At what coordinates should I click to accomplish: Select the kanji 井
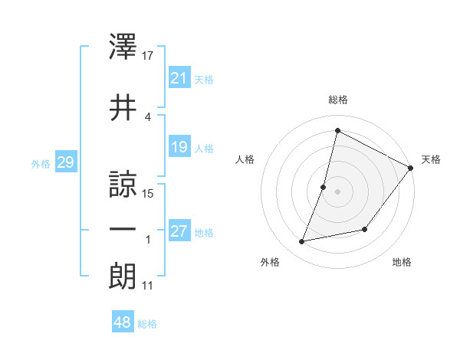tap(123, 108)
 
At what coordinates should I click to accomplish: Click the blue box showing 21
tap(179, 78)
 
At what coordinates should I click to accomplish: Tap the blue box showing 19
tap(179, 147)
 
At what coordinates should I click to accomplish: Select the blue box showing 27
tap(179, 232)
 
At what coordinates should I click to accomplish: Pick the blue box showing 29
tap(65, 162)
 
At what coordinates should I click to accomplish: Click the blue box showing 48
tap(123, 322)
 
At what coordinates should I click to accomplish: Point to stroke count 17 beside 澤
tap(149, 55)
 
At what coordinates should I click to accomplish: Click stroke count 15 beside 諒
tap(149, 194)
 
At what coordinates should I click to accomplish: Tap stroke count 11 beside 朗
tap(148, 286)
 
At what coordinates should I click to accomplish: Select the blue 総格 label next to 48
tap(147, 324)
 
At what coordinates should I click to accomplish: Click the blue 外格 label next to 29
tap(41, 163)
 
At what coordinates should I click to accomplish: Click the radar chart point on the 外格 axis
tap(302, 242)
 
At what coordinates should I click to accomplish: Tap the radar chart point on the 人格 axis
tap(324, 187)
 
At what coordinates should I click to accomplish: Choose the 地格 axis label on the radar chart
tap(402, 262)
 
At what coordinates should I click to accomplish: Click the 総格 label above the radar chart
tap(338, 100)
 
